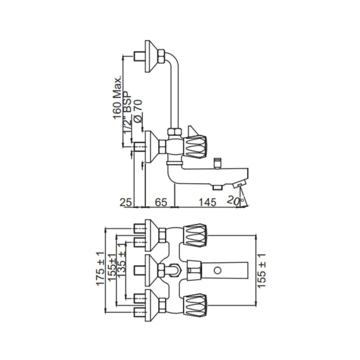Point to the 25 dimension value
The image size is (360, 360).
(126, 202)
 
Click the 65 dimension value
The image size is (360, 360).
(161, 202)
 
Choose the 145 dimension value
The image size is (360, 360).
(207, 202)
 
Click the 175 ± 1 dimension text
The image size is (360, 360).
(100, 269)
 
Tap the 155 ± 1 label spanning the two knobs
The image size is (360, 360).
(262, 270)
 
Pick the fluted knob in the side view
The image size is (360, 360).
(196, 147)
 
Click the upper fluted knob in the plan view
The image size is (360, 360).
(195, 235)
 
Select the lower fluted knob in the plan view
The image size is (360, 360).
(195, 305)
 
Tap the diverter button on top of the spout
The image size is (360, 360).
(218, 162)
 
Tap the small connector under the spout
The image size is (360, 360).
(217, 187)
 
